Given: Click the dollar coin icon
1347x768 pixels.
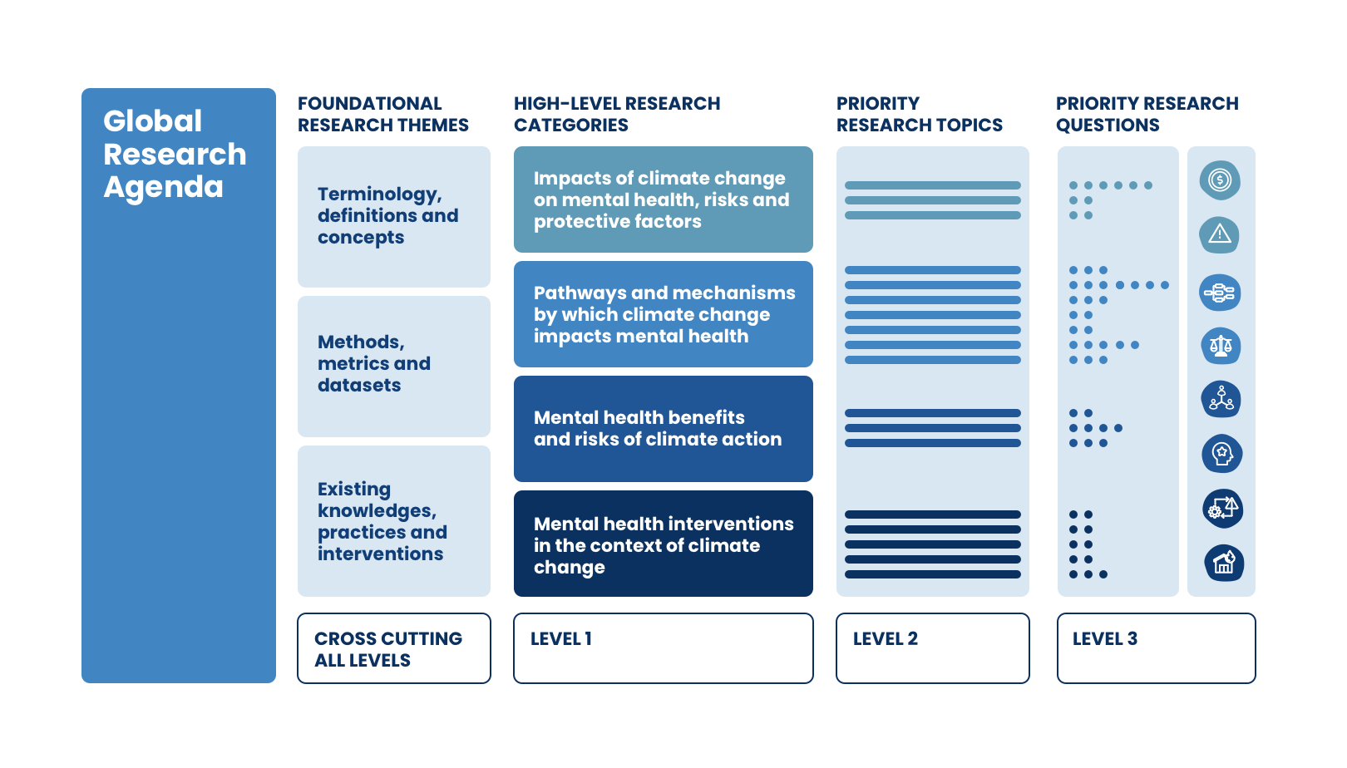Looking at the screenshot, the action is coord(1220,180).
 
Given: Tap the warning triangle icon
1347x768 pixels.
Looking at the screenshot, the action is coord(1220,234).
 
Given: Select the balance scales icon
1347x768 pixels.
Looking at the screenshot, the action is coord(1221,346).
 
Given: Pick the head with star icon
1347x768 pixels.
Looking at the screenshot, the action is coord(1222,454).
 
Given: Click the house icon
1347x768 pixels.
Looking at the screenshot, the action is coord(1224,563).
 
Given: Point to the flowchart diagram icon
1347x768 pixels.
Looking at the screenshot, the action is coord(1220,293).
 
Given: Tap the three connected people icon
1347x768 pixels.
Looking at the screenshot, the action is coord(1221,399).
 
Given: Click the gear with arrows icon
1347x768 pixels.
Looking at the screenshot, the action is coord(1223,509).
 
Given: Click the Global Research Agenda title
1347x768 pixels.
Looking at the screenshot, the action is coord(175,154).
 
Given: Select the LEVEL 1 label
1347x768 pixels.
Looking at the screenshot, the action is coord(561,639).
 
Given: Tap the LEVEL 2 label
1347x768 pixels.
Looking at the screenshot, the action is coord(886,639).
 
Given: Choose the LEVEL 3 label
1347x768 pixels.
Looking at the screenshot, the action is coord(1105,639).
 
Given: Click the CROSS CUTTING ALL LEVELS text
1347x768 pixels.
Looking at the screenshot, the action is coord(388,650).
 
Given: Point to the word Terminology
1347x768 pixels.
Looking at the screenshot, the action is coord(379,194).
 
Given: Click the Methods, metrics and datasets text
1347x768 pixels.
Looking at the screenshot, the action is coord(374,363).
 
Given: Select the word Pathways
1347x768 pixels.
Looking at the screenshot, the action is coord(579,293).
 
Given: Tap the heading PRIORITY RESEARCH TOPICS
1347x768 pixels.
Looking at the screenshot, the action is coord(920,114).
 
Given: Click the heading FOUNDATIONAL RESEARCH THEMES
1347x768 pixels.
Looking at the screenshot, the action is coord(383,114).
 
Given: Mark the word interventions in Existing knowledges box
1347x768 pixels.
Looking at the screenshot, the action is coord(380,554).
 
